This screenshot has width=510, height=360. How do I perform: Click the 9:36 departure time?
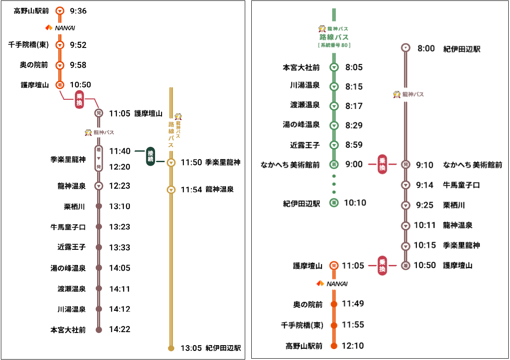(78, 11)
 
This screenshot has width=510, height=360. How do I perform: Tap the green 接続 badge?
(151, 156)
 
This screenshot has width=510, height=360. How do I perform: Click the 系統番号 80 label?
(334, 45)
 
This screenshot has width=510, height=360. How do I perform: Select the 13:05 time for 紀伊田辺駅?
(191, 348)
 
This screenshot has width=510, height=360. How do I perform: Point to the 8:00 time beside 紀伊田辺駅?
(426, 48)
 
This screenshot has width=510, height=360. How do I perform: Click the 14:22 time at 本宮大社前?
(120, 329)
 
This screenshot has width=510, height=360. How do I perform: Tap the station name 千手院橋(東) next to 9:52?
(29, 44)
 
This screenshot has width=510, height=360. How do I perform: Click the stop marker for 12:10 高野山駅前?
(334, 346)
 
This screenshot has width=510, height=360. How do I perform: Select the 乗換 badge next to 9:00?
(382, 164)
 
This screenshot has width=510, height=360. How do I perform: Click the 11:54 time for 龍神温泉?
(191, 190)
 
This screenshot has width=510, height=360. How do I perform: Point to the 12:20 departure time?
(120, 167)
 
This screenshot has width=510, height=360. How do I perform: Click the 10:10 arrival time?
(355, 203)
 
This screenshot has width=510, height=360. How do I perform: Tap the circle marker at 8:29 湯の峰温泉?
(334, 126)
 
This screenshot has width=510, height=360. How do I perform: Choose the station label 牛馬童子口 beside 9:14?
(461, 185)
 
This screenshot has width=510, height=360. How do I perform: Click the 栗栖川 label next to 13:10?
(74, 206)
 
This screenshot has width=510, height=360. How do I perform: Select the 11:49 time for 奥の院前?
(353, 304)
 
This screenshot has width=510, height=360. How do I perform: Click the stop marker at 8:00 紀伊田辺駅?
(406, 48)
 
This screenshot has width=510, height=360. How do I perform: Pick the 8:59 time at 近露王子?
(354, 145)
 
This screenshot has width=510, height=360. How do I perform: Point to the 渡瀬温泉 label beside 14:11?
(71, 289)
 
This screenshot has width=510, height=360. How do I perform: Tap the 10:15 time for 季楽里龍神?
(425, 245)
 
